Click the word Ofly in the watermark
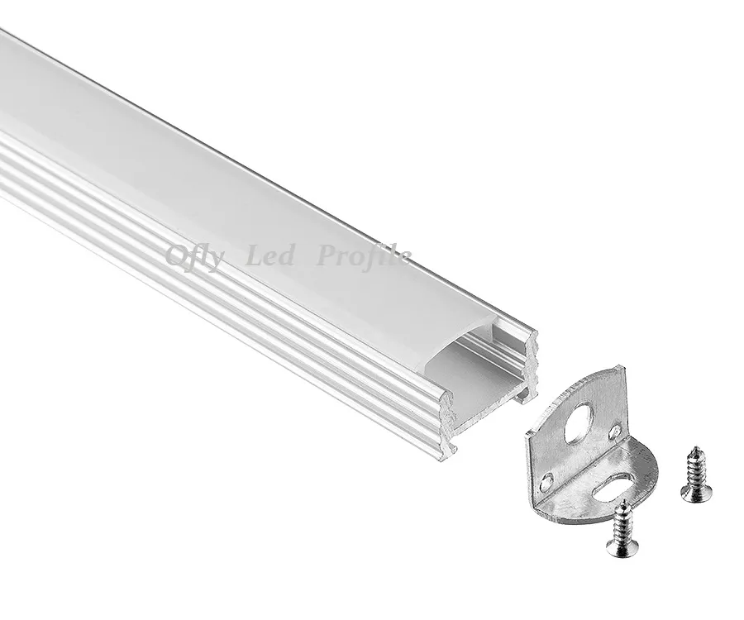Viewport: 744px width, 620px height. (193, 259)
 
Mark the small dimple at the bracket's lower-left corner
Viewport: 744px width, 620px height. (546, 477)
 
